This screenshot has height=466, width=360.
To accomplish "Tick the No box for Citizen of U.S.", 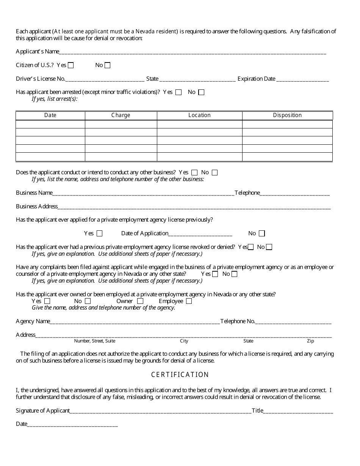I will (108, 65).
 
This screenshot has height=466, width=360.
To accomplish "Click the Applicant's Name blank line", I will (193, 52).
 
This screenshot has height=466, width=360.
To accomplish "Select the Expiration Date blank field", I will (302, 79).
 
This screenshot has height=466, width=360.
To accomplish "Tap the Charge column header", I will (121, 115).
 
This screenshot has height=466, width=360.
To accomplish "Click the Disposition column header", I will (287, 115).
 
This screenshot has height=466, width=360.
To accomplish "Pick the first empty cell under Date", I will (50, 124).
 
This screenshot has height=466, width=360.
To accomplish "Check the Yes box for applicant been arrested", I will (178, 92).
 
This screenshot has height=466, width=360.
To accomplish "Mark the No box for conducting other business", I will (215, 172).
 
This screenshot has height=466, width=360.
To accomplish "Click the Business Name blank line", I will (143, 193).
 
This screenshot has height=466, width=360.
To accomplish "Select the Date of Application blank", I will (200, 234).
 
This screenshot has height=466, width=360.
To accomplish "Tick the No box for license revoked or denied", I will (269, 247).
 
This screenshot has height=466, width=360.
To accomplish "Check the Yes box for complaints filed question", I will (215, 274).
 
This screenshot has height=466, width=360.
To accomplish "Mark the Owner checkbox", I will (140, 301).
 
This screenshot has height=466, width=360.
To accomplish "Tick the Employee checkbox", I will (189, 301).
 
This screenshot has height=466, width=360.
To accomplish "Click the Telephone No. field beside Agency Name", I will (293, 322).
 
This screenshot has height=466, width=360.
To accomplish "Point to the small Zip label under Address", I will (310, 341).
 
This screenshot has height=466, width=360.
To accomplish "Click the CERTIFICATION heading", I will (180, 375).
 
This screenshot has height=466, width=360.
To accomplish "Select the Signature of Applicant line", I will (161, 411).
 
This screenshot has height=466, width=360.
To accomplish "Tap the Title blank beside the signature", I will (298, 411).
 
